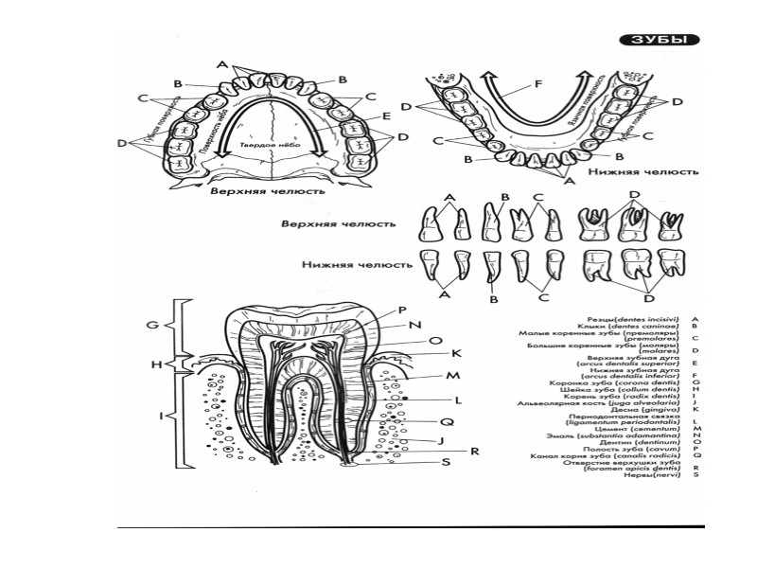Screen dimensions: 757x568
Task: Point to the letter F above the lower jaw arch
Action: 538,83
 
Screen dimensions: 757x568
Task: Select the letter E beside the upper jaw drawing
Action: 387,115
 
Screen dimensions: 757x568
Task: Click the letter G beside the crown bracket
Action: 150,325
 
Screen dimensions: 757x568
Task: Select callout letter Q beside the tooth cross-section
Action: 445,420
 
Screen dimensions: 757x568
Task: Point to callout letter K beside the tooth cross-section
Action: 455,353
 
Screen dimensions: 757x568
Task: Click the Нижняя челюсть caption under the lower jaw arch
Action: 643,173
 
